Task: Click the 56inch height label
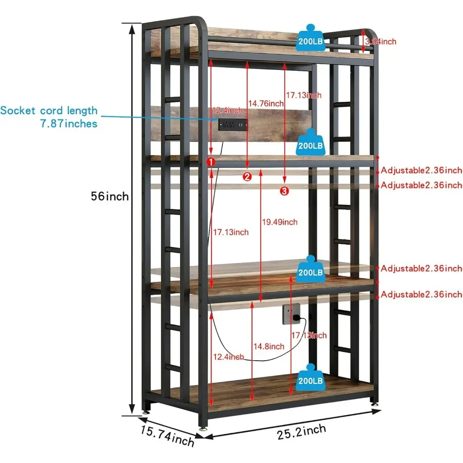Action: coord(110,196)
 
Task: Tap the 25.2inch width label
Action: coord(301,432)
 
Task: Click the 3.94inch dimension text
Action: coord(381,42)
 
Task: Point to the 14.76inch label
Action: coord(266,103)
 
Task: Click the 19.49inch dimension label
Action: coord(280,222)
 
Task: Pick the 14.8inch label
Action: coord(269,346)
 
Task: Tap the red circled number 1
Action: coord(211,162)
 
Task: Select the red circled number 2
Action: coord(247,176)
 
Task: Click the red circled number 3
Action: coord(284,191)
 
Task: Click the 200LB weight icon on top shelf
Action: coord(310,38)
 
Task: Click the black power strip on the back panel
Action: coord(233,125)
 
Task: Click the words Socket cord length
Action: coord(49,111)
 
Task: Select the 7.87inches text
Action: coord(69,124)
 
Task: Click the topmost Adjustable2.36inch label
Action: coord(421,170)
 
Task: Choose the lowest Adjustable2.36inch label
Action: coord(421,294)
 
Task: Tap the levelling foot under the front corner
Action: coord(203,427)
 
